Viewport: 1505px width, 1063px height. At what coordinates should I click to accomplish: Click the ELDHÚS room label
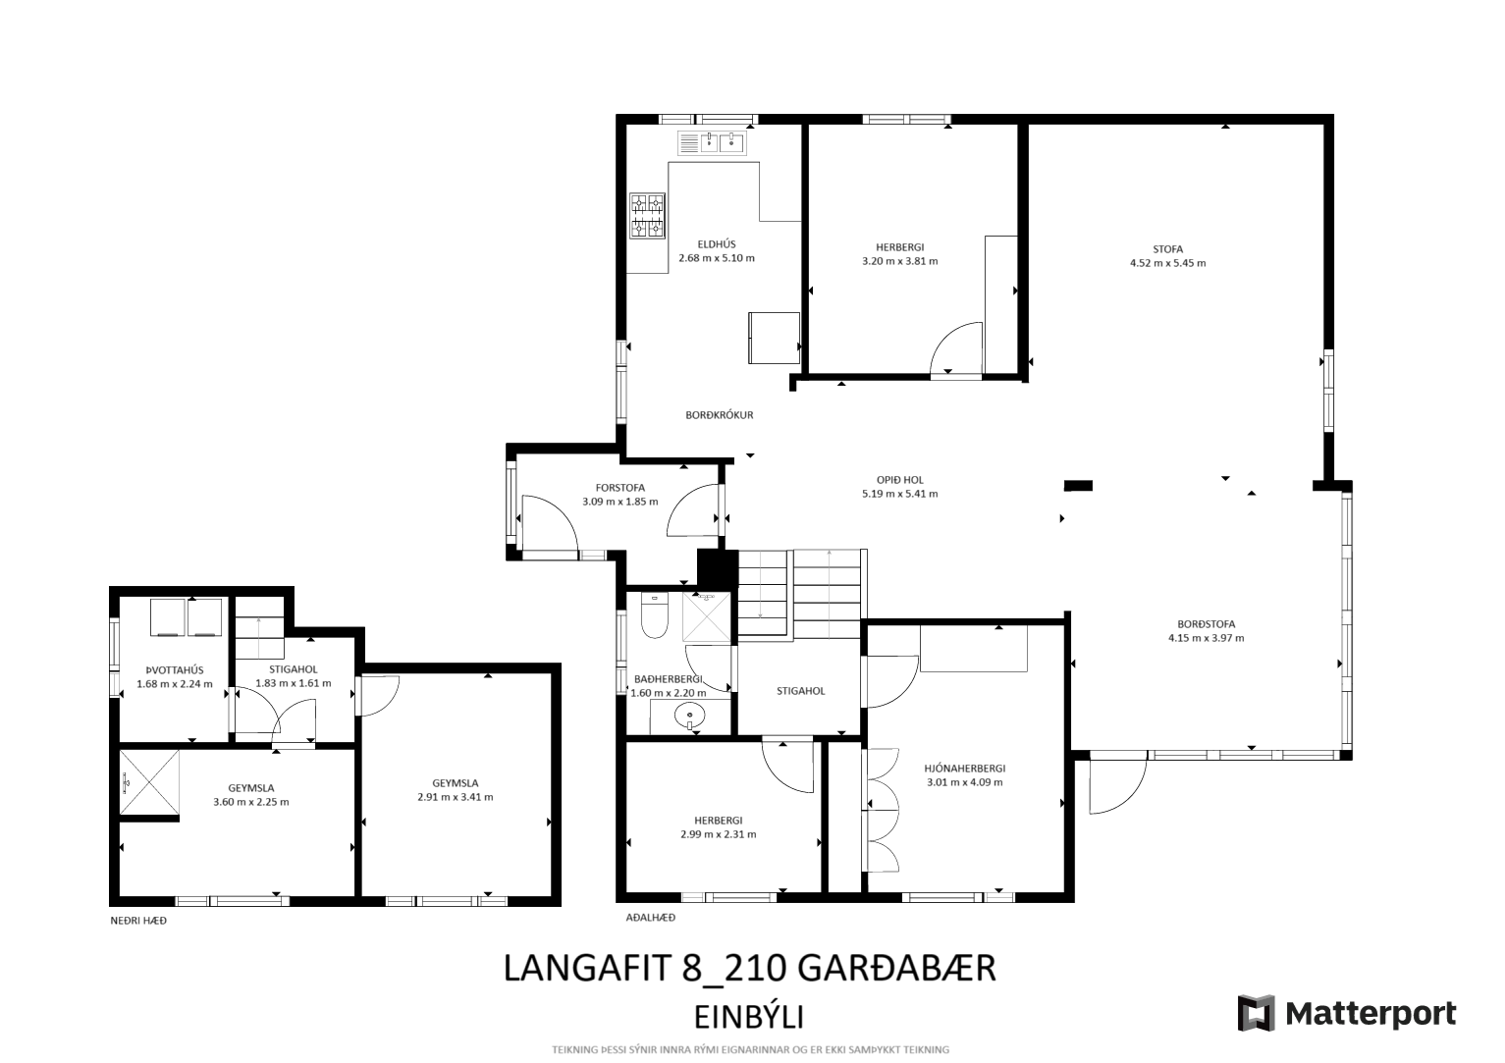point(717,244)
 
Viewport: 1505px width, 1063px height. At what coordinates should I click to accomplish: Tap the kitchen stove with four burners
point(647,216)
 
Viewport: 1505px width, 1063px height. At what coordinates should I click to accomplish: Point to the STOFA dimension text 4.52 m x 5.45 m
point(1167,263)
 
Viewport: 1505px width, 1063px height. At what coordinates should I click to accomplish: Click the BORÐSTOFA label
point(1206,624)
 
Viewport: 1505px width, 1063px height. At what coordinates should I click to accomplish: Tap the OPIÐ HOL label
point(899,480)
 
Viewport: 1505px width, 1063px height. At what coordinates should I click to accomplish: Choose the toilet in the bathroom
point(654,615)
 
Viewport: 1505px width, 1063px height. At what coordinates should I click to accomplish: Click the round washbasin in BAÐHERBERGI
point(689,715)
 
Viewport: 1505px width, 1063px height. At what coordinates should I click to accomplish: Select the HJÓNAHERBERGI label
point(964,768)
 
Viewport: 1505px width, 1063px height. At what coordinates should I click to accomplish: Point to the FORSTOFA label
point(620,488)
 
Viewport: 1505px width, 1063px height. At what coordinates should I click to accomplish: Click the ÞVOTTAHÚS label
point(175,670)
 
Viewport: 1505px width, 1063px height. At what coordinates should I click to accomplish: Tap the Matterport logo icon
point(1256,1013)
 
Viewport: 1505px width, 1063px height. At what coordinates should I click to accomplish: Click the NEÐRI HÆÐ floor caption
point(138,921)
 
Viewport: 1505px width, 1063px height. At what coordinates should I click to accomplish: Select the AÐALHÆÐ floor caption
point(650,917)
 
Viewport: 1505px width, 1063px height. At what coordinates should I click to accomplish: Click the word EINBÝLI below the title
point(748,1018)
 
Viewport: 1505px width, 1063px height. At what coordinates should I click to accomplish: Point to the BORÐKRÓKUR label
point(720,415)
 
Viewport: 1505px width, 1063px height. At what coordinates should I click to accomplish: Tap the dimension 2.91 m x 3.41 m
point(456,798)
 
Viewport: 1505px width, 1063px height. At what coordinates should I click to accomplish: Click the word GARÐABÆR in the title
point(897,968)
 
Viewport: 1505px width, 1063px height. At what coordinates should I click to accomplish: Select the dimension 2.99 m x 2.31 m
point(719,834)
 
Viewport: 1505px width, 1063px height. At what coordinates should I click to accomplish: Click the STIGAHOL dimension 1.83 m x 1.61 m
point(293,683)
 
